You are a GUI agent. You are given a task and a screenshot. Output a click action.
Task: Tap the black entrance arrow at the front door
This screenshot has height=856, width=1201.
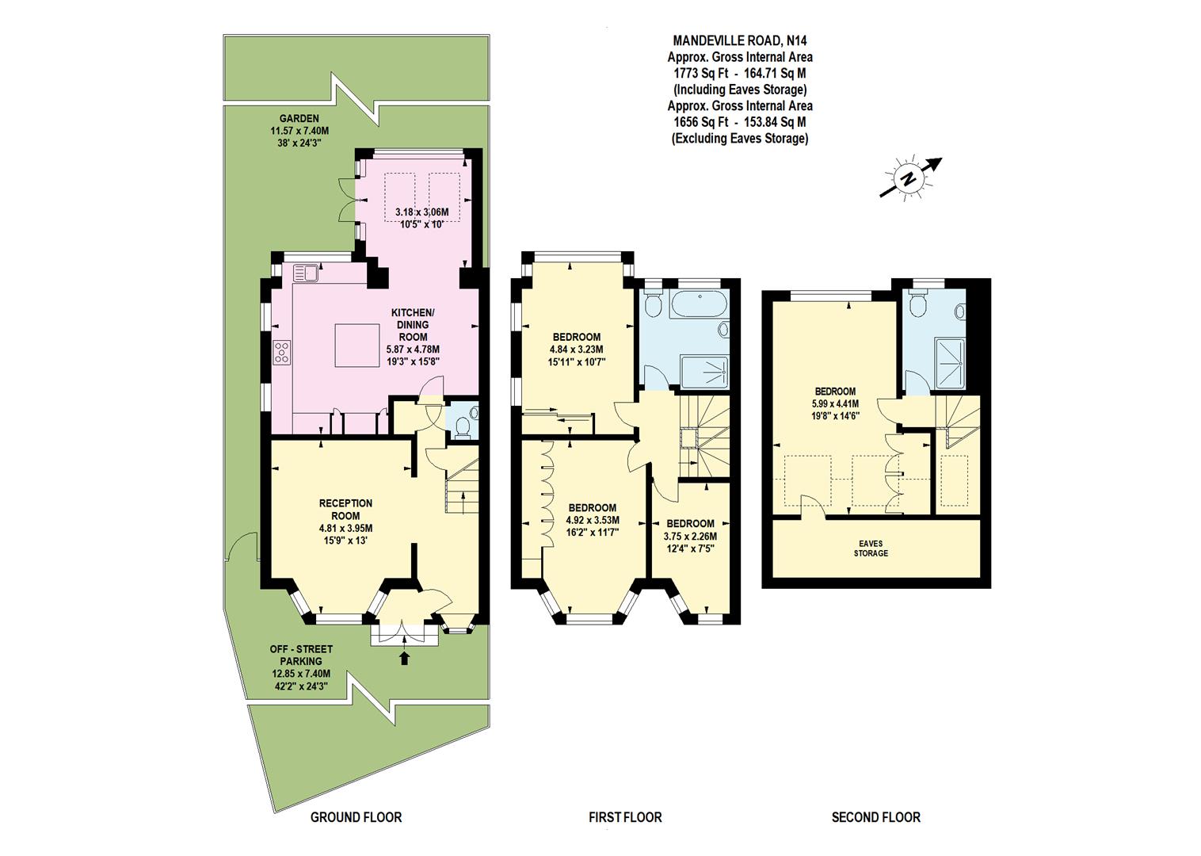[x=405, y=657]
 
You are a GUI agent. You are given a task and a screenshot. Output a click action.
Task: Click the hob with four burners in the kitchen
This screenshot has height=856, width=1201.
[x=281, y=352]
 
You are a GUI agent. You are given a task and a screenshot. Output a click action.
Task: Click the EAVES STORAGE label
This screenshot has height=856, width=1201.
[x=870, y=548]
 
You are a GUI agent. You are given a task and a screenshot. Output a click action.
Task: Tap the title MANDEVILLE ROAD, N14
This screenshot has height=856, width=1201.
[x=728, y=40]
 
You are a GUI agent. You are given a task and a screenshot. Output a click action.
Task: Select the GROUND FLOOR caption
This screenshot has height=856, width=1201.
[x=356, y=817]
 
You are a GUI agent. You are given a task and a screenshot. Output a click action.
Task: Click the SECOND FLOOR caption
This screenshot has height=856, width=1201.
[x=875, y=817]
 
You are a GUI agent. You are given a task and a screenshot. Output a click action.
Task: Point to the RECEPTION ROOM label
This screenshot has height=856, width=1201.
[x=345, y=509]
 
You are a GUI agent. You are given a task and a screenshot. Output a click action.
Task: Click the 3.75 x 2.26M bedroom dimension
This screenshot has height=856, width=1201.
[x=690, y=537]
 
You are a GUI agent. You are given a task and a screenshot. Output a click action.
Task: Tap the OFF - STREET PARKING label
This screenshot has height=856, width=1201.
[x=301, y=655]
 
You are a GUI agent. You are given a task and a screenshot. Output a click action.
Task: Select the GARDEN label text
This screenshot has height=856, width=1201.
[x=299, y=119]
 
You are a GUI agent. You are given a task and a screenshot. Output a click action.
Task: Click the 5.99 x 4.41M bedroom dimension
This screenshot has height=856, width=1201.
[x=835, y=403]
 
